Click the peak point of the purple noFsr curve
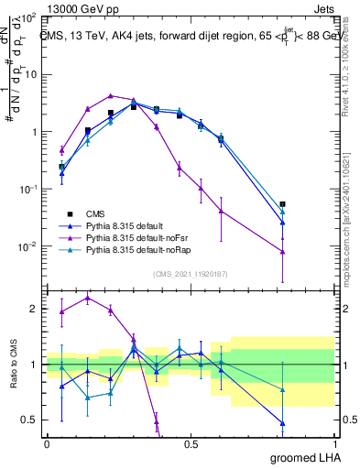(x=111, y=95)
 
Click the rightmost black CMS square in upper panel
(x=283, y=204)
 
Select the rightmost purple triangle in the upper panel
(x=283, y=252)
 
